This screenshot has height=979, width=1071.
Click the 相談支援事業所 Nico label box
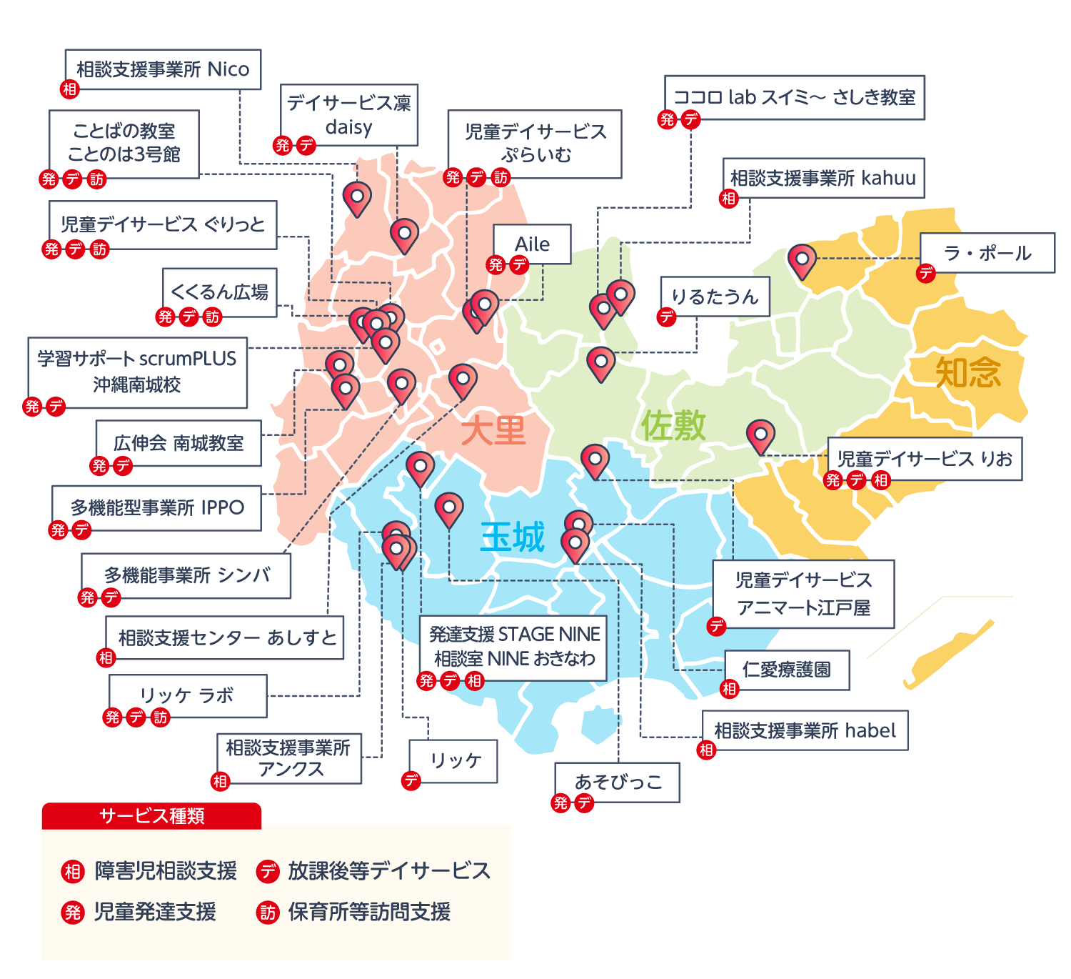pyautogui.click(x=163, y=69)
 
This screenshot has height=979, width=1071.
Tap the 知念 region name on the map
pyautogui.click(x=968, y=372)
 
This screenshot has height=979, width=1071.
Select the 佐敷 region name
pyautogui.click(x=673, y=427)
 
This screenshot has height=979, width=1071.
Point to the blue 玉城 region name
pyautogui.click(x=513, y=537)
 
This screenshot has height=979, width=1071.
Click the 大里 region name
pyautogui.click(x=493, y=431)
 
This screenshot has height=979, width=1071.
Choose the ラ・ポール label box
pyautogui.click(x=987, y=253)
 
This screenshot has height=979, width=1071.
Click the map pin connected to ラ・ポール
pyautogui.click(x=802, y=260)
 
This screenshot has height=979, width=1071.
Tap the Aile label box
pyautogui.click(x=532, y=244)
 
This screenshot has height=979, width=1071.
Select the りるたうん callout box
pyautogui.click(x=715, y=297)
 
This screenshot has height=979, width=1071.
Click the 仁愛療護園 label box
pyautogui.click(x=787, y=670)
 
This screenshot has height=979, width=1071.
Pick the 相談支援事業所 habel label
pyautogui.click(x=805, y=730)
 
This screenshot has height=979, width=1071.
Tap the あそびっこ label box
pyautogui.click(x=618, y=782)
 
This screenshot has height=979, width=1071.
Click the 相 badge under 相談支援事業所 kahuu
pyautogui.click(x=728, y=199)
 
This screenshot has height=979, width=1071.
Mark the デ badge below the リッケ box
pyautogui.click(x=411, y=781)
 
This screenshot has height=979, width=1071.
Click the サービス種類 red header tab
pyautogui.click(x=151, y=816)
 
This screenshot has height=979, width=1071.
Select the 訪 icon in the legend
pyautogui.click(x=268, y=913)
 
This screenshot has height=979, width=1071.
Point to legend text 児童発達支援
pyautogui.click(x=155, y=913)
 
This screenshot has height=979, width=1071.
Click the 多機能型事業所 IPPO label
pyautogui.click(x=157, y=508)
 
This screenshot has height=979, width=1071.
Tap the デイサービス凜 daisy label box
pyautogui.click(x=348, y=115)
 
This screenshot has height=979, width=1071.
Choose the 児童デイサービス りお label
pyautogui.click(x=925, y=459)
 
